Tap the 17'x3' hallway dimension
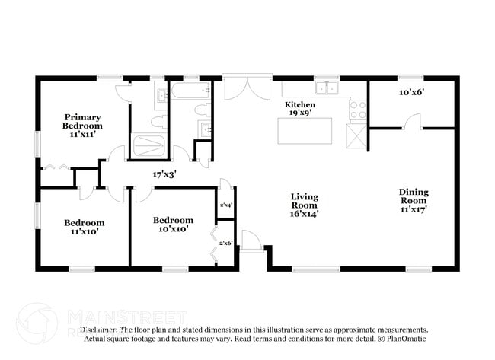pyautogui.click(x=164, y=174)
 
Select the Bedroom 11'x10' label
pyautogui.click(x=84, y=227)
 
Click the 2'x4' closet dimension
pyautogui.click(x=225, y=205)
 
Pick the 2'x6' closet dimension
pyautogui.click(x=225, y=243)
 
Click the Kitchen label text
pyautogui.click(x=300, y=104)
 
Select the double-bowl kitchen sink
pyautogui.click(x=328, y=88)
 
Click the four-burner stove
pyautogui.click(x=357, y=110)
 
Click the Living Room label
pyautogui.click(x=304, y=205)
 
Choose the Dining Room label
pyautogui.click(x=414, y=200)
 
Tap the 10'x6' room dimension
pyautogui.click(x=411, y=91)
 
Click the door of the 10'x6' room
pyautogui.click(x=411, y=122)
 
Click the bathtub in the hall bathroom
pyautogui.click(x=190, y=91)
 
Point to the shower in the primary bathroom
pyautogui.click(x=148, y=145)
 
